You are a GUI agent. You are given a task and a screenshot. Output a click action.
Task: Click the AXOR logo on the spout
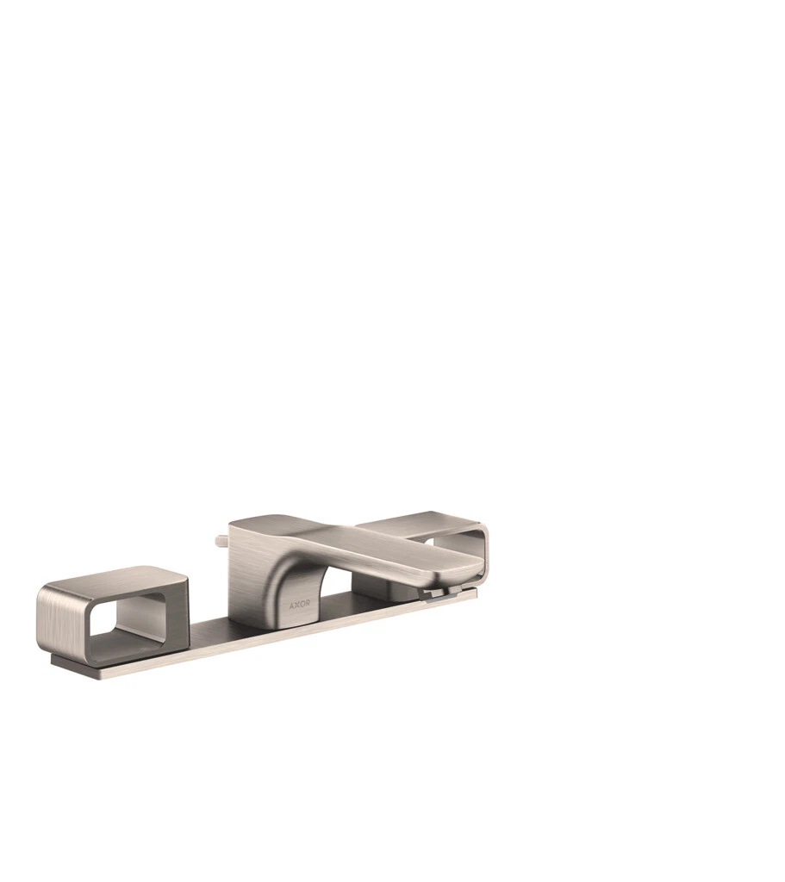(x=299, y=606)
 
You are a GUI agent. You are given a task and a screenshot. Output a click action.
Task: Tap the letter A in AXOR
(x=291, y=606)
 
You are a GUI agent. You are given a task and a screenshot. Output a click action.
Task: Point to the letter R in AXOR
(x=308, y=606)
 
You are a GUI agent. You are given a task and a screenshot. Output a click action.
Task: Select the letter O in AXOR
(x=302, y=606)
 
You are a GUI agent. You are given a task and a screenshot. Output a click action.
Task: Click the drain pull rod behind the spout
(x=221, y=541)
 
